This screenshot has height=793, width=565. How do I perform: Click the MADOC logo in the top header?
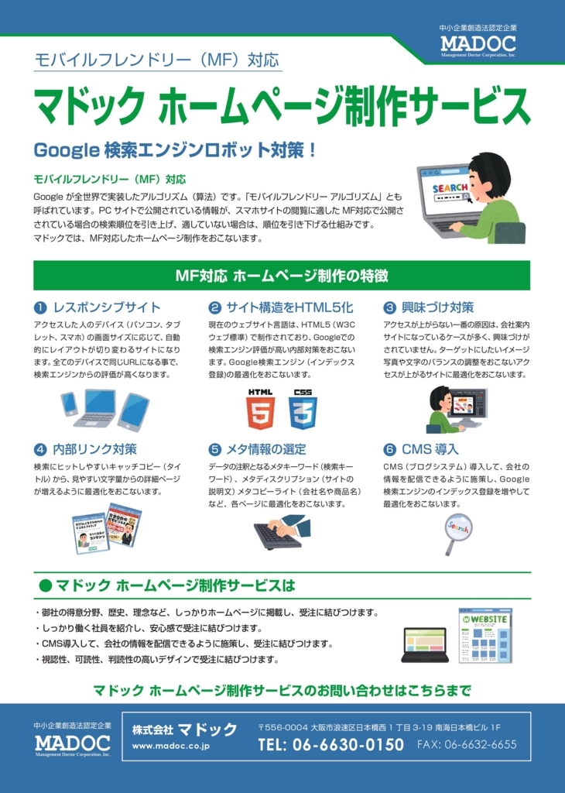click(478, 45)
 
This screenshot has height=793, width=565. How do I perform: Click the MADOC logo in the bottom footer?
click(72, 744)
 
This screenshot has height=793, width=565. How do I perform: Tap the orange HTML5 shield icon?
click(261, 409)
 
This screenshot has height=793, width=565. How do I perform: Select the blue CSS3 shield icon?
click(303, 409)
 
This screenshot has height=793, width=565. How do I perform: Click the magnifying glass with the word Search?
click(457, 534)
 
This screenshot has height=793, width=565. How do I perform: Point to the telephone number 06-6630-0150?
click(331, 744)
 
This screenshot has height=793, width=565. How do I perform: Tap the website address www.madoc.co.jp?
click(171, 746)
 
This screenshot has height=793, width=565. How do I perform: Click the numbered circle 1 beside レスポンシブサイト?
click(40, 307)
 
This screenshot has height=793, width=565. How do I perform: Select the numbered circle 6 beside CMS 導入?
click(389, 450)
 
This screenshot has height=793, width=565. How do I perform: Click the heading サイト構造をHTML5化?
click(289, 307)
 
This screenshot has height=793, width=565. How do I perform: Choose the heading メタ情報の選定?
click(265, 449)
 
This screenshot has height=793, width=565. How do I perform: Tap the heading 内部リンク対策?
click(95, 449)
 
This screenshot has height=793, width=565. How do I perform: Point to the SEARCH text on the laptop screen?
click(450, 188)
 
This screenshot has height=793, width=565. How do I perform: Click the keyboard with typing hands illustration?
click(282, 532)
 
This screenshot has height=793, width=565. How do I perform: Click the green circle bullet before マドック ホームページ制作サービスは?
click(46, 585)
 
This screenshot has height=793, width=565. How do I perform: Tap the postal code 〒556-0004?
click(282, 728)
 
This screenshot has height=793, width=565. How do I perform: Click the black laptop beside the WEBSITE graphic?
click(425, 645)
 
